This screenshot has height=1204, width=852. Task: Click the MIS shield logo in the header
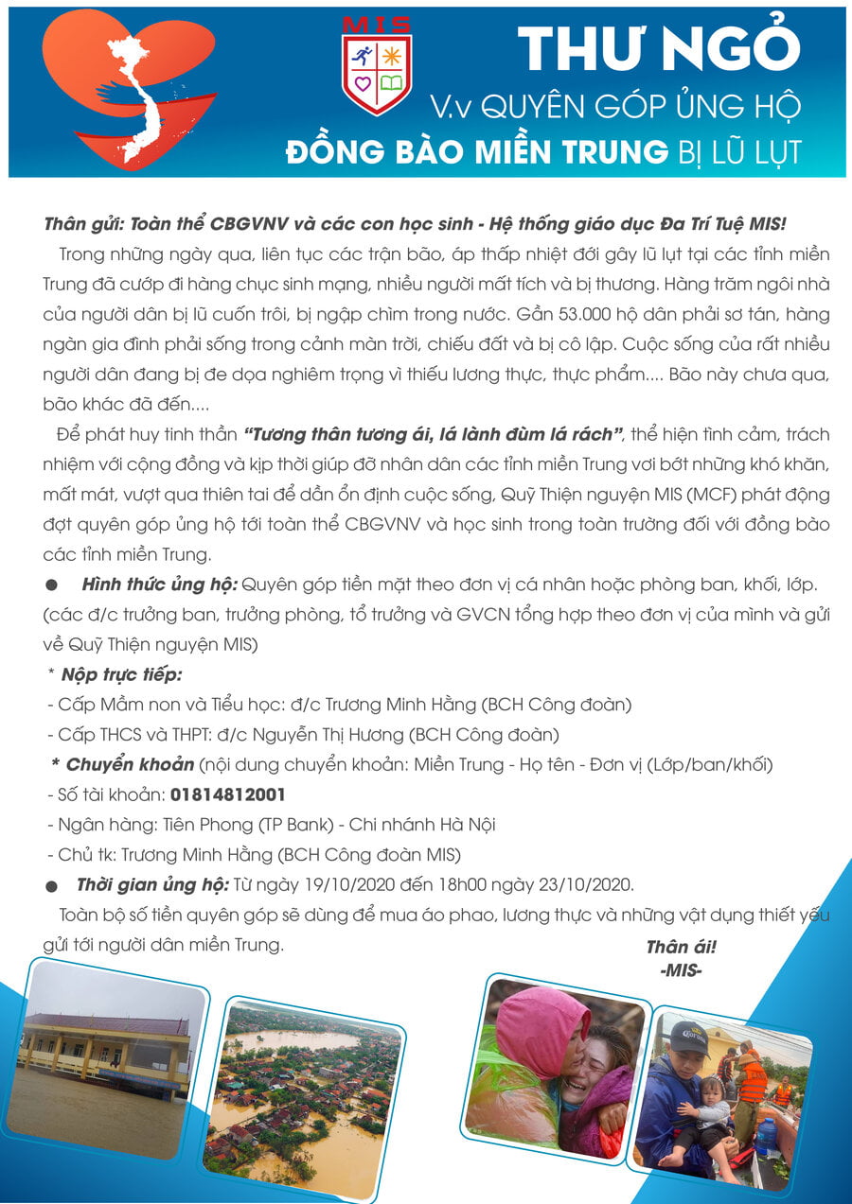click(x=377, y=65)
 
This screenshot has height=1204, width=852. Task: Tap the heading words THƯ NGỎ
click(x=659, y=46)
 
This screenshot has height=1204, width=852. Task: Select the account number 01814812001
click(x=227, y=794)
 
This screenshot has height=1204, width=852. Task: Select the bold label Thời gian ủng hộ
click(x=152, y=885)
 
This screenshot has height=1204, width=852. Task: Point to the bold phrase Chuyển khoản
click(x=130, y=764)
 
